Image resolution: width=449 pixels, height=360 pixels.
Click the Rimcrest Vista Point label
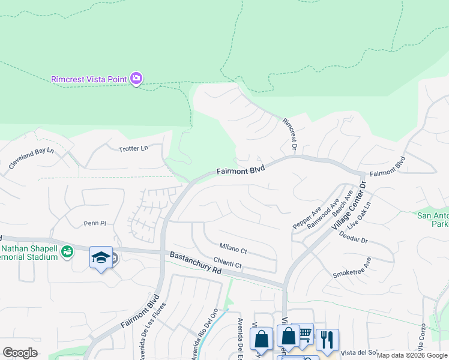point(89,79)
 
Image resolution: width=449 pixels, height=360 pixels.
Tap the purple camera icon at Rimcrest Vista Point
point(136,78)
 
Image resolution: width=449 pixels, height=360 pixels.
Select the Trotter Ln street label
point(133,148)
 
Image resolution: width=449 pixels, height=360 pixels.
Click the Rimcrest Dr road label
point(291,134)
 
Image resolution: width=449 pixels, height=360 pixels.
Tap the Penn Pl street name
point(94,223)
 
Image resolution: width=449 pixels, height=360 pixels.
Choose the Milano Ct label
point(233,248)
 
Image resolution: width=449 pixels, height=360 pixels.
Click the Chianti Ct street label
point(228,265)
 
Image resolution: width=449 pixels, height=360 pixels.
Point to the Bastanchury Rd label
point(196,263)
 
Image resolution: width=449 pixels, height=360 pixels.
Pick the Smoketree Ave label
point(352,268)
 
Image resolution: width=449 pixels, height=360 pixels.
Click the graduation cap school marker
point(100,258)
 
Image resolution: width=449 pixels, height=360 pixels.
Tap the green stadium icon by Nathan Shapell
point(68,250)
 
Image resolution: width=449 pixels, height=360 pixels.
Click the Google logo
point(20,353)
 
